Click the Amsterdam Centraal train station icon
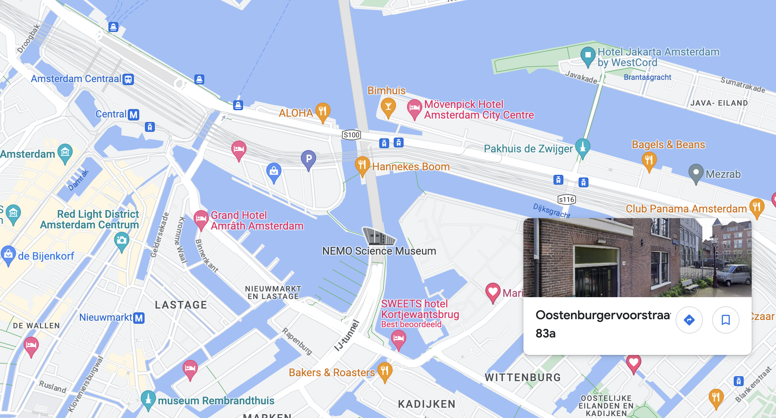(128, 79)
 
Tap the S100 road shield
(351, 135)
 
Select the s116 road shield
(566, 199)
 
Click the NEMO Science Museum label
(379, 251)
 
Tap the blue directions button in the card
(689, 320)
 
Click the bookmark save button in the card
(725, 320)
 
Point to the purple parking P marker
(308, 159)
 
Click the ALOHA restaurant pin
(323, 111)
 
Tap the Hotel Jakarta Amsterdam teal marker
(588, 55)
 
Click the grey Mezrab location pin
(696, 173)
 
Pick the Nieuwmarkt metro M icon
(139, 318)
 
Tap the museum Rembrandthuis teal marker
(148, 399)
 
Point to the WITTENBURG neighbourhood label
(523, 377)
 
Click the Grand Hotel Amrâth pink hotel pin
(201, 219)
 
